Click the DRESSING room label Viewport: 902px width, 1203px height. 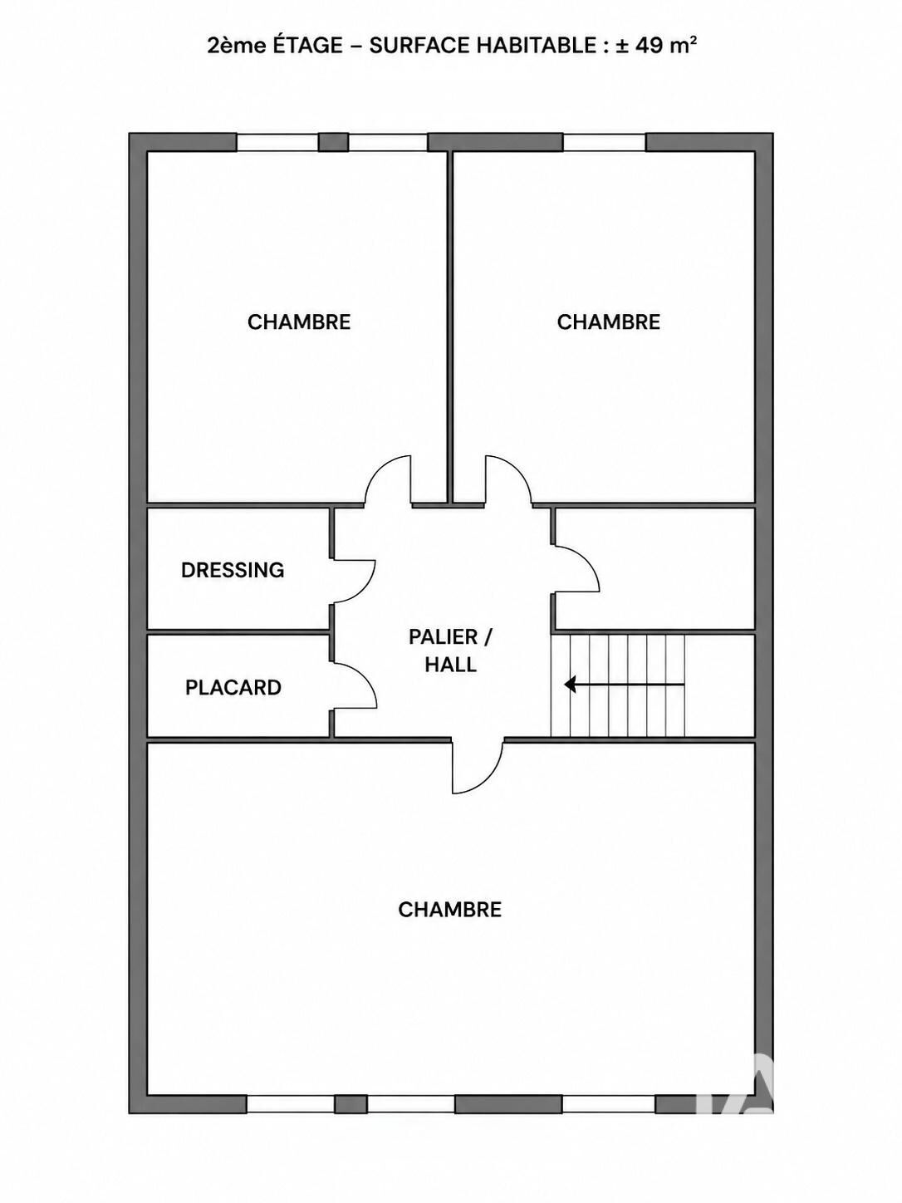233,570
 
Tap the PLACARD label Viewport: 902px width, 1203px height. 233,687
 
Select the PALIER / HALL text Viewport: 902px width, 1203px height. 451,651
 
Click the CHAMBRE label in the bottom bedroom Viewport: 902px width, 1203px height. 449,910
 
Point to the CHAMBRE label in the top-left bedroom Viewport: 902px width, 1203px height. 299,322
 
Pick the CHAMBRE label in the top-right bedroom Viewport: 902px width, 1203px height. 609,322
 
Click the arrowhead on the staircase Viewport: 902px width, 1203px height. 570,685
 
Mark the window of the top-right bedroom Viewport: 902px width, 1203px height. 605,143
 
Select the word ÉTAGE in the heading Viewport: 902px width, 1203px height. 307,46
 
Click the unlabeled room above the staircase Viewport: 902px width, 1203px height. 655,569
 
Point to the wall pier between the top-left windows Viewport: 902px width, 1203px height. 334,143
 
